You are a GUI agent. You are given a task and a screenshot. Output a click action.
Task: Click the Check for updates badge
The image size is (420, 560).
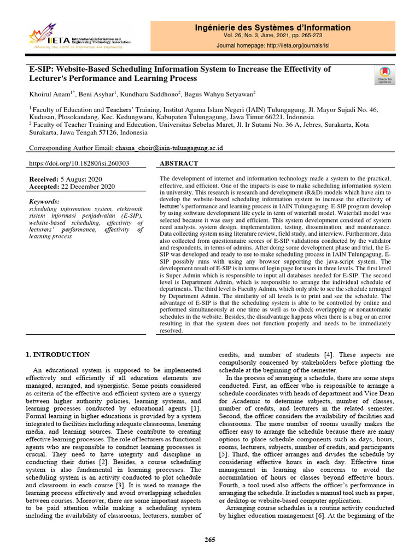pos(384,75)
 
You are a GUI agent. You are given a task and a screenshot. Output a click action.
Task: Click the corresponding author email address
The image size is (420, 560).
pos(169,148)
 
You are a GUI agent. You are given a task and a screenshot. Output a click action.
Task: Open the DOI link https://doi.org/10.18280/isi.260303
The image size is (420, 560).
pos(79,164)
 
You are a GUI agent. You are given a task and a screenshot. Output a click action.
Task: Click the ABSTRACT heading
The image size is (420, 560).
pos(179,164)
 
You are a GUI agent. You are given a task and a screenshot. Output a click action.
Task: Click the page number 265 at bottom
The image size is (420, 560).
pos(210,540)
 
